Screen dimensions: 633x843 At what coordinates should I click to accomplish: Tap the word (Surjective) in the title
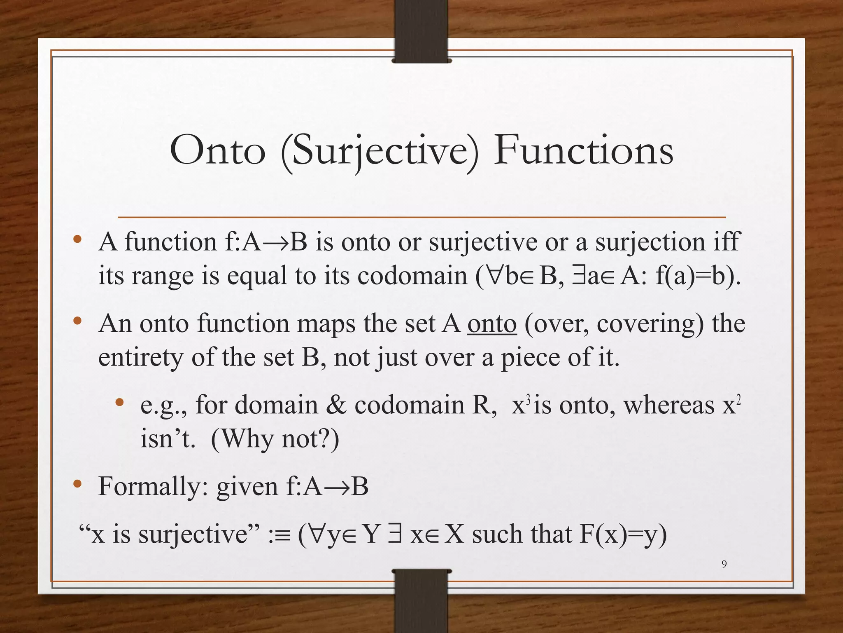coord(380,152)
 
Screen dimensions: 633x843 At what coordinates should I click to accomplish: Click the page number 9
coord(724,564)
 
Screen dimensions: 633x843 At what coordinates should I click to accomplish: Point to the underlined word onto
coord(492,324)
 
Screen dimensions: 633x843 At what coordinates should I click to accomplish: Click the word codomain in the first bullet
coord(412,276)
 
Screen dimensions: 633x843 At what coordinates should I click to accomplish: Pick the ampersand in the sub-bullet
coord(336,405)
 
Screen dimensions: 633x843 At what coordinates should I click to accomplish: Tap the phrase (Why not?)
coord(275,439)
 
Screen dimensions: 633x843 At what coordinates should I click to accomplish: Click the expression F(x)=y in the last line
coord(623,535)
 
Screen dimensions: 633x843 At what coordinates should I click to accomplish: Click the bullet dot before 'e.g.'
coord(119,403)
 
